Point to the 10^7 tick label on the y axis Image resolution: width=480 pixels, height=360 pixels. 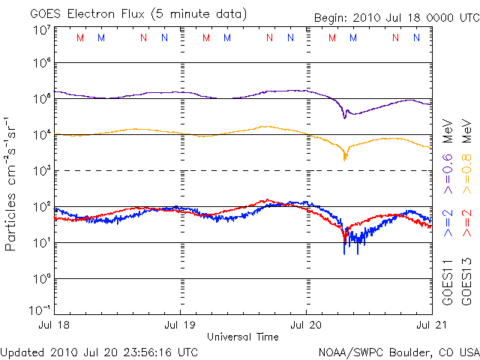[41, 30]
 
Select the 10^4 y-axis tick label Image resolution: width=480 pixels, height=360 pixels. [41, 135]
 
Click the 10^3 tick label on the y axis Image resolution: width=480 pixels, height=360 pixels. [41, 171]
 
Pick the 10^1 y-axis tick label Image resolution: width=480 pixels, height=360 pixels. [41, 242]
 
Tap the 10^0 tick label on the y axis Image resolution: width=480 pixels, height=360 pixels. [41, 278]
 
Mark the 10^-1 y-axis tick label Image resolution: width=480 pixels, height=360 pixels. [40, 310]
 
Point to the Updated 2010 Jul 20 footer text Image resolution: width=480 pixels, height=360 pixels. [99, 351]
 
